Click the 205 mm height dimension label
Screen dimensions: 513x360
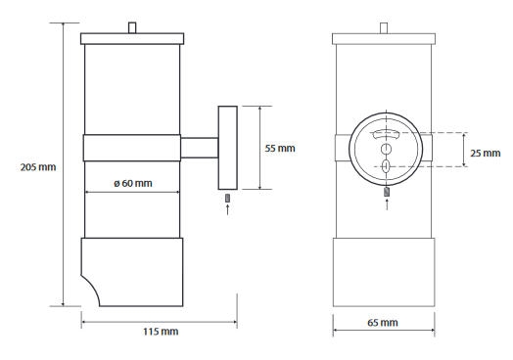click(38, 167)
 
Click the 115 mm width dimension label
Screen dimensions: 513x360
click(161, 332)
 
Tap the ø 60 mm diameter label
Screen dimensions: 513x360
click(133, 184)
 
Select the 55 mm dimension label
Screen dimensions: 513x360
click(280, 148)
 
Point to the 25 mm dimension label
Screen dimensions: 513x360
click(486, 153)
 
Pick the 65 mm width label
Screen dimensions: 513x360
click(383, 323)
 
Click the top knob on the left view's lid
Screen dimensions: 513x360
click(132, 27)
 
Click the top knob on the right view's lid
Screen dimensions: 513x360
click(384, 28)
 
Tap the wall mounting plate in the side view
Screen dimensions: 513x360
click(228, 148)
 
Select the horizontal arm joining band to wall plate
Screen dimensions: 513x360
click(200, 148)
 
